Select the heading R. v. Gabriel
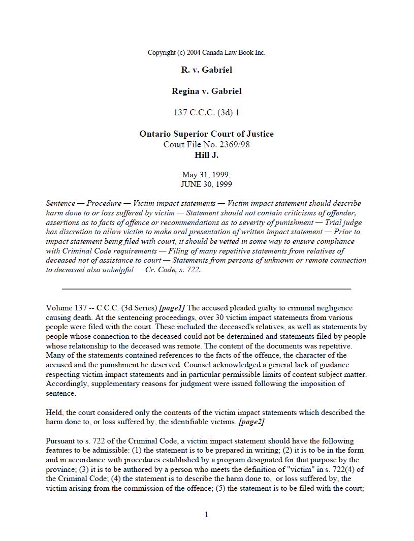(x=206, y=70)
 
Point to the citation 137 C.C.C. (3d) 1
(x=206, y=113)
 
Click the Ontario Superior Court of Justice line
(x=206, y=134)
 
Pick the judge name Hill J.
(x=206, y=155)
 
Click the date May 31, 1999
(x=206, y=175)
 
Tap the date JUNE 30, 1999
(x=206, y=184)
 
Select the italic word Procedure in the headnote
(x=104, y=203)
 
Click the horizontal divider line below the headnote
(x=206, y=289)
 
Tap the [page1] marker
(x=172, y=308)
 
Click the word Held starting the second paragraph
(x=54, y=412)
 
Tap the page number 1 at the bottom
(x=206, y=515)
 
